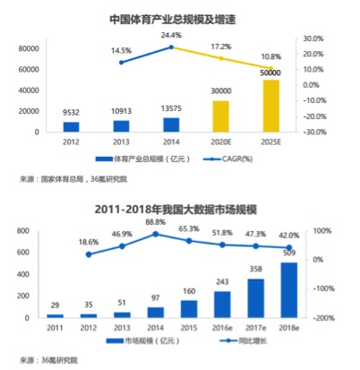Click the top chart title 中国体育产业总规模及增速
point(180,17)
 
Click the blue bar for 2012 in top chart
point(71,126)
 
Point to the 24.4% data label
point(170,34)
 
